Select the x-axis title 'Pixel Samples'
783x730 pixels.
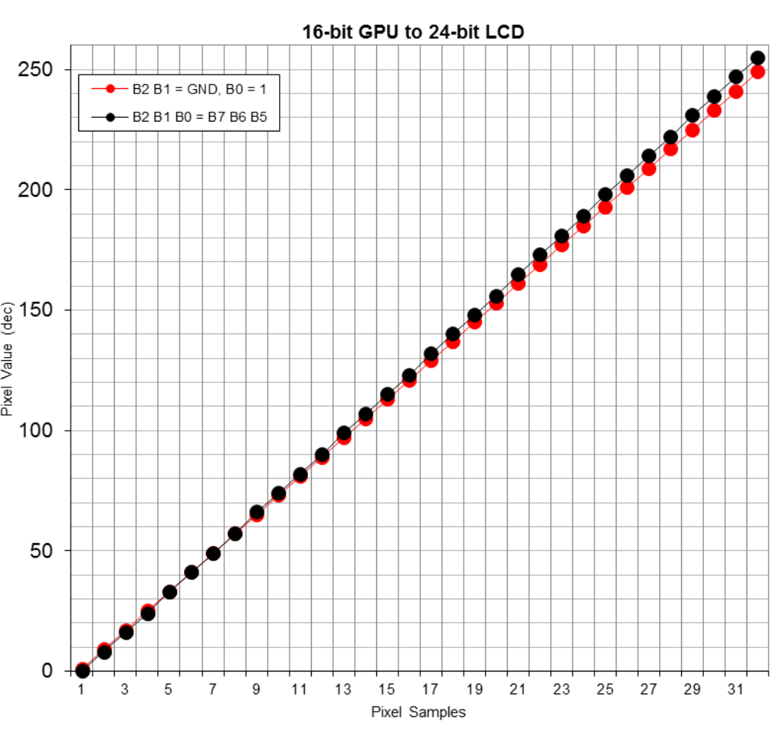pyautogui.click(x=418, y=712)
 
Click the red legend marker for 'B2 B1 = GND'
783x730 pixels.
pyautogui.click(x=110, y=90)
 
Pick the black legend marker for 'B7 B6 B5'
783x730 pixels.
pyautogui.click(x=110, y=118)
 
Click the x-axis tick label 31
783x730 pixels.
pyautogui.click(x=736, y=689)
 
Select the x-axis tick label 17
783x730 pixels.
pyautogui.click(x=430, y=689)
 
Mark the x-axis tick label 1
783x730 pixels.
pyautogui.click(x=82, y=689)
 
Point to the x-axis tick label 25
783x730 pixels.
pyautogui.click(x=605, y=689)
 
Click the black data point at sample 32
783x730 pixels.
pyautogui.click(x=758, y=58)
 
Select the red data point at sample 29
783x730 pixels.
pyautogui.click(x=692, y=131)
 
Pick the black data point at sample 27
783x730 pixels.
pyautogui.click(x=648, y=156)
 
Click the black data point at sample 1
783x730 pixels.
pyautogui.click(x=82, y=671)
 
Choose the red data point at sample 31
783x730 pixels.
pyautogui.click(x=736, y=92)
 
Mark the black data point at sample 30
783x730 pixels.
pyautogui.click(x=714, y=96)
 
